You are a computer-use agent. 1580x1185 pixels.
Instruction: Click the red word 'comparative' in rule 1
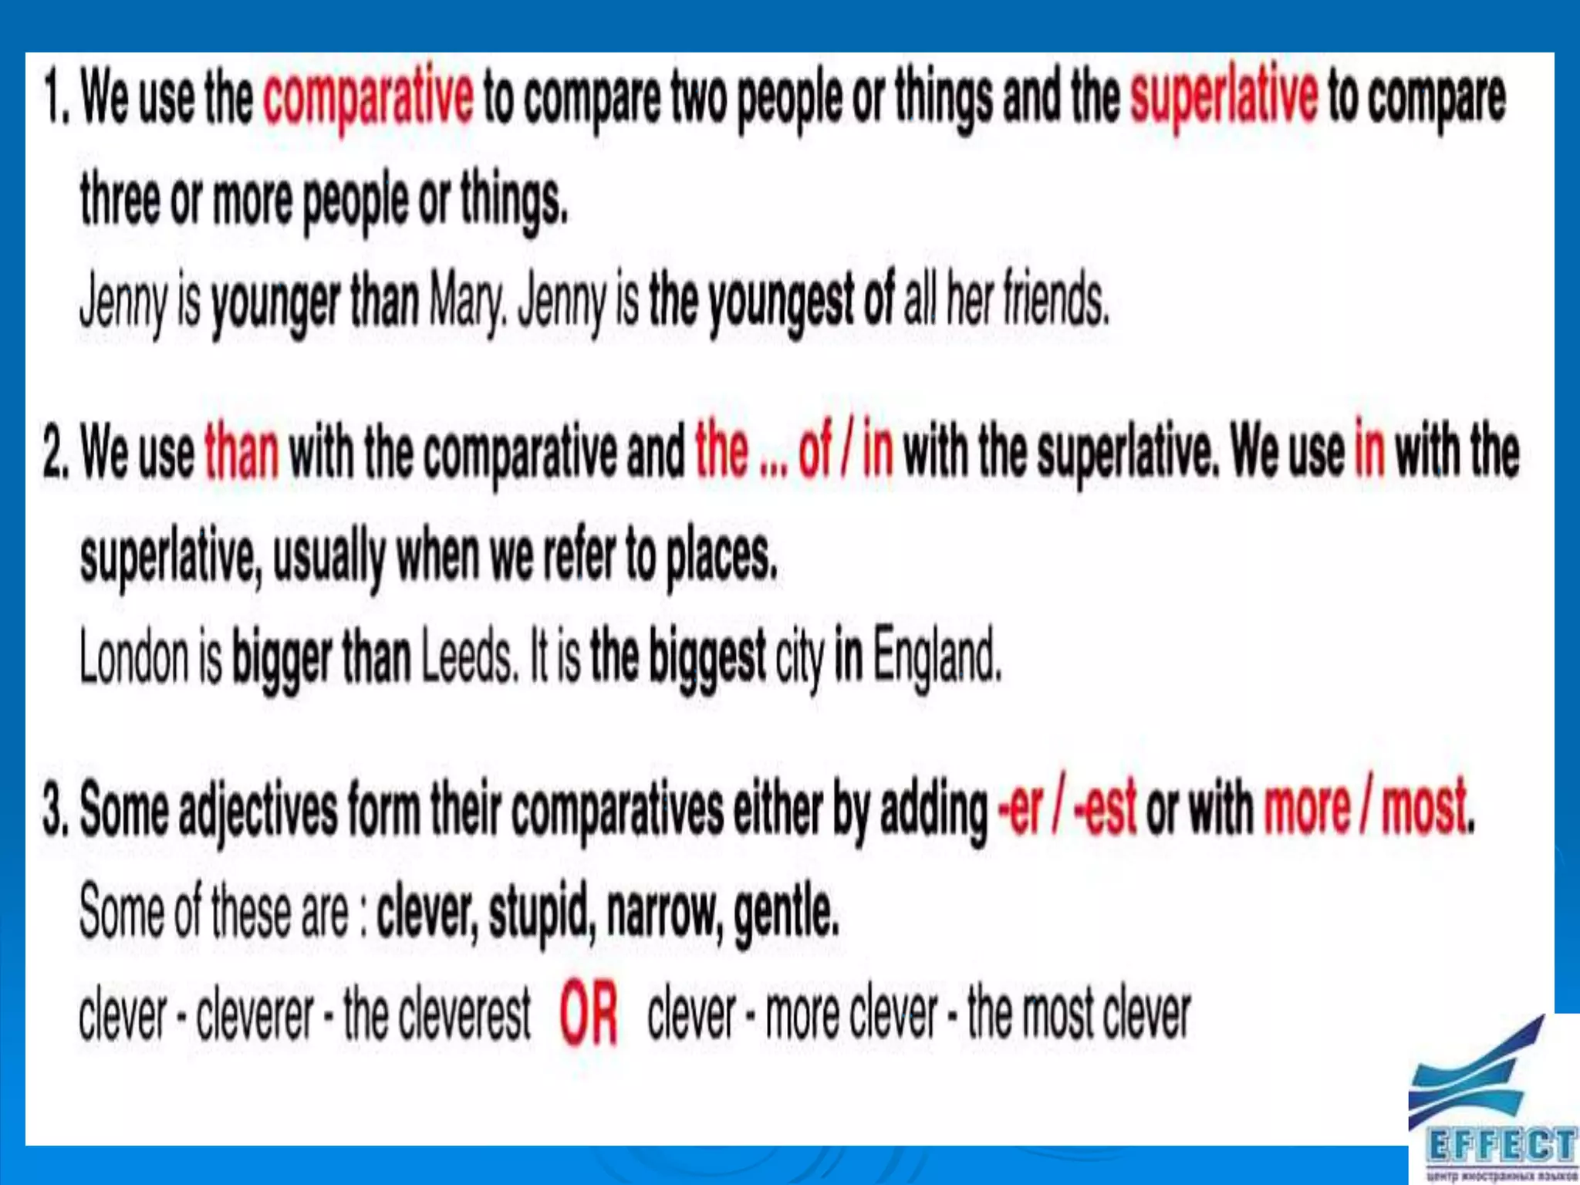point(368,98)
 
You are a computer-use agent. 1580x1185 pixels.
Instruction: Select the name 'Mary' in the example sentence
point(467,300)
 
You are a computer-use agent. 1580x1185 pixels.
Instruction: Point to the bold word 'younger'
point(275,302)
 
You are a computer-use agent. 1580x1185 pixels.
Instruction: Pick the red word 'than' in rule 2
point(241,451)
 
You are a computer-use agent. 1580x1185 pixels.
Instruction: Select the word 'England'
point(937,658)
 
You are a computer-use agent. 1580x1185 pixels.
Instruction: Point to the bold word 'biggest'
point(707,658)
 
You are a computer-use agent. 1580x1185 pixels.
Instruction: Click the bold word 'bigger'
point(281,660)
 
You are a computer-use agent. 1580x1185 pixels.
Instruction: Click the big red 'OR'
point(589,1014)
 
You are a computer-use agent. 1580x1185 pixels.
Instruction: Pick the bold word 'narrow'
point(665,913)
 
